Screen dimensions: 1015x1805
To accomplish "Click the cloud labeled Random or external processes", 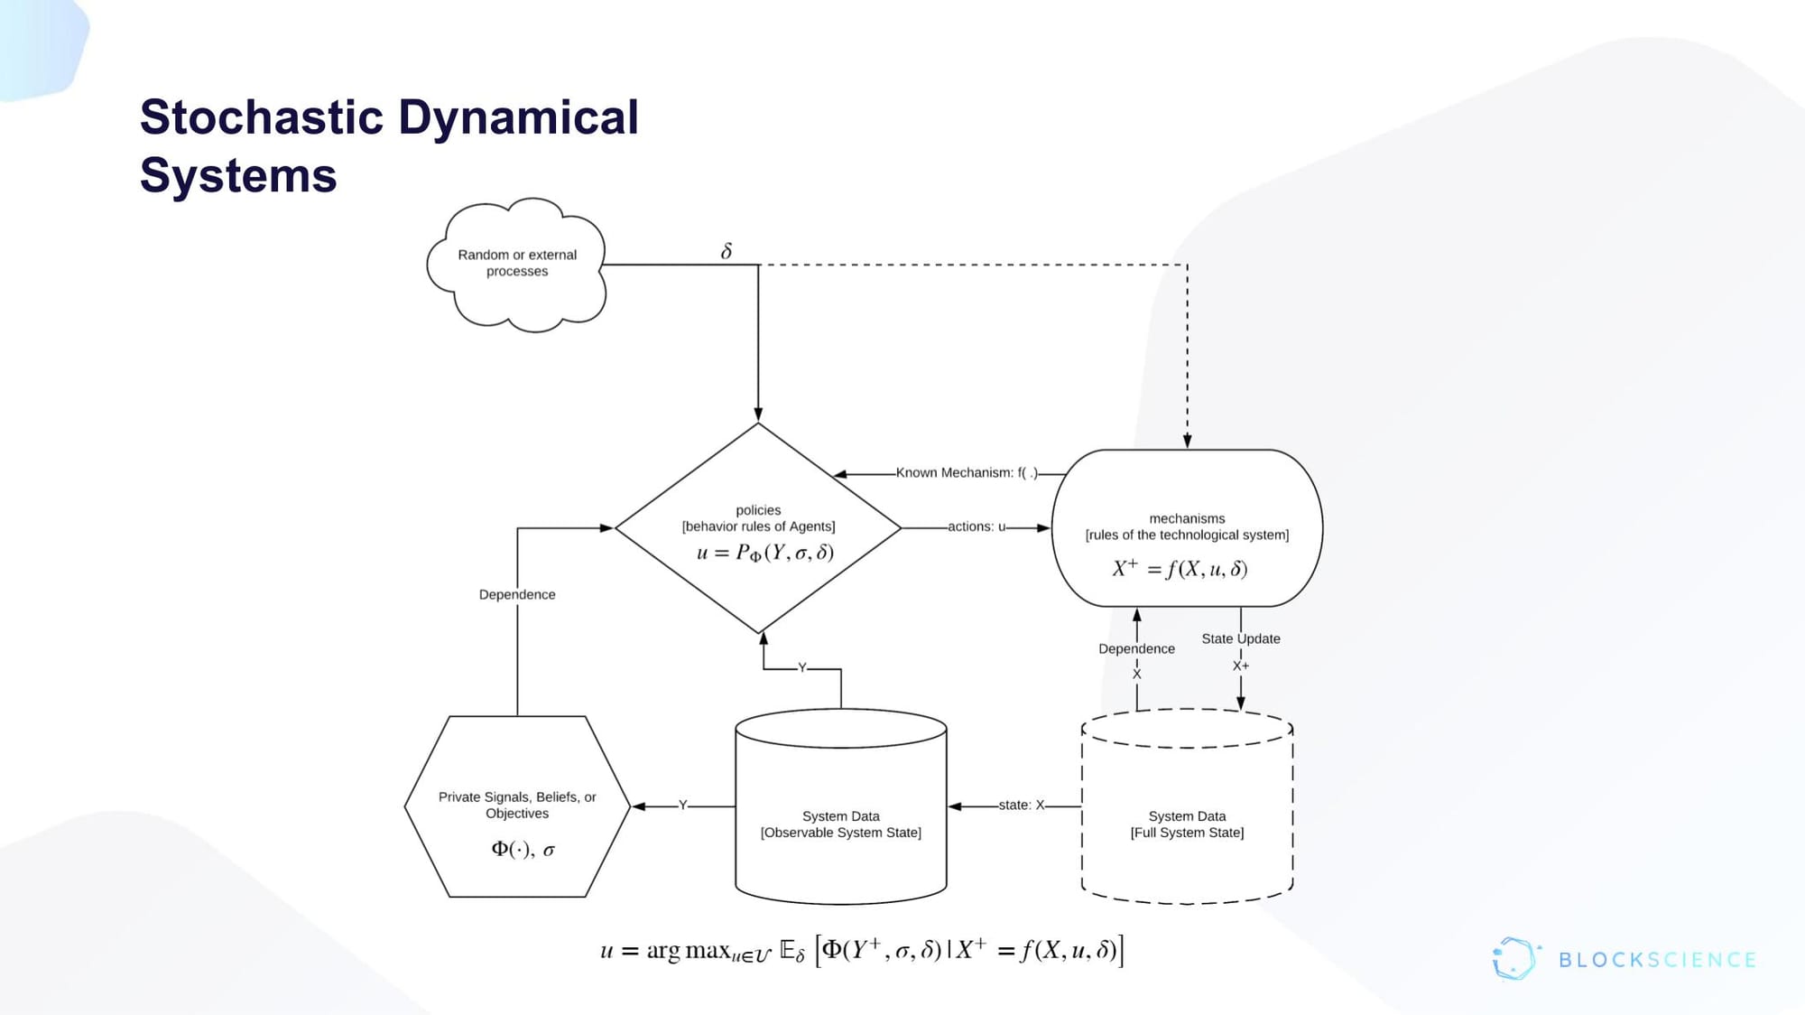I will click(517, 263).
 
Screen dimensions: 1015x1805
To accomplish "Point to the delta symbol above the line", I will click(727, 251).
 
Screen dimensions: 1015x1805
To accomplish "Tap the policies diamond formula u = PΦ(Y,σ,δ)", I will click(764, 553).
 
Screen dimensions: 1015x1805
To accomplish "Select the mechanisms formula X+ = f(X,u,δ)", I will click(1180, 569).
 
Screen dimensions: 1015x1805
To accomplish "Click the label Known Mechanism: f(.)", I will click(967, 472).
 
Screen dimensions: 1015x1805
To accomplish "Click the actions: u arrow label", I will click(977, 526).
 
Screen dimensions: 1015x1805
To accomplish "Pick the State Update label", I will click(1240, 638).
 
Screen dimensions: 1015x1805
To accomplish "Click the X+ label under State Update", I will click(1241, 666).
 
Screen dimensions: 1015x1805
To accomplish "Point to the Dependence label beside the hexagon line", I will click(517, 594).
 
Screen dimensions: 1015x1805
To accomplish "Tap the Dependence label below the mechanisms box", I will click(1136, 648).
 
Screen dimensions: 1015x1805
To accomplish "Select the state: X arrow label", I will click(1021, 805).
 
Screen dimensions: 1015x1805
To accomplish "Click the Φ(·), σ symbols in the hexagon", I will click(523, 849).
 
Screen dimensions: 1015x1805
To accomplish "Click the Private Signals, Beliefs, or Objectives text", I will click(517, 805).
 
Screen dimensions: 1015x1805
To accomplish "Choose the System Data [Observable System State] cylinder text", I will click(840, 824).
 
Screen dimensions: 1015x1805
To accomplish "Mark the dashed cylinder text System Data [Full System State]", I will click(1187, 824).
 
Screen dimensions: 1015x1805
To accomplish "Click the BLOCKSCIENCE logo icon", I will click(1514, 959).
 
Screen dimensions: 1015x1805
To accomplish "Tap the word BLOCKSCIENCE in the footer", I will click(1657, 960).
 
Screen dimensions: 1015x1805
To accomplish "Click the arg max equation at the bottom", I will click(862, 951).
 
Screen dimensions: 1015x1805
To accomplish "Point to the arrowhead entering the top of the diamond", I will click(758, 414).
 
